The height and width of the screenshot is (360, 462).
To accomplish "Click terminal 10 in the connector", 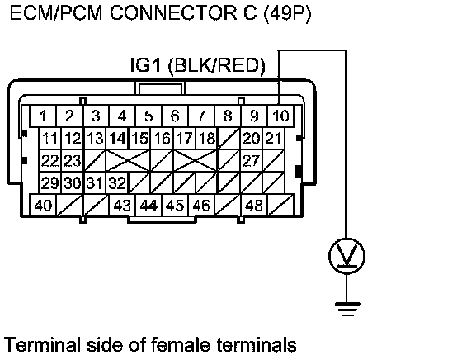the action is click(280, 116).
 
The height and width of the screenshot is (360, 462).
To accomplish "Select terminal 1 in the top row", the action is click(43, 116).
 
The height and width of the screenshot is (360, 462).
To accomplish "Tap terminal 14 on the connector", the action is click(117, 138).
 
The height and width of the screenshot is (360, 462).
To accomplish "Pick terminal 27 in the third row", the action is click(252, 161).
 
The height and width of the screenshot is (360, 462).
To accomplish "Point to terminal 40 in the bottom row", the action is click(43, 206).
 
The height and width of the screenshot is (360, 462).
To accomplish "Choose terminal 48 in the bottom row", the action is click(254, 206).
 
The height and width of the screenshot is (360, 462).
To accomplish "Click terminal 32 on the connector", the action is click(117, 182).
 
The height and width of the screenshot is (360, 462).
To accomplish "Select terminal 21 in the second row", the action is click(273, 138).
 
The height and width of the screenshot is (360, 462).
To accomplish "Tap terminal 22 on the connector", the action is click(50, 161).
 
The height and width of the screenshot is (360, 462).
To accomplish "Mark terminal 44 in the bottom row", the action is click(148, 206).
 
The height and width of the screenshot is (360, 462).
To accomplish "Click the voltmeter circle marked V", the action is click(346, 256).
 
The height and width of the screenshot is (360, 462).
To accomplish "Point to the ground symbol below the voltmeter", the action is click(347, 309).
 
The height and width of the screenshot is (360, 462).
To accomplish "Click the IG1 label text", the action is click(145, 65).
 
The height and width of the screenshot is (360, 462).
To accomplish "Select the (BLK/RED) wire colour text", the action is click(216, 65).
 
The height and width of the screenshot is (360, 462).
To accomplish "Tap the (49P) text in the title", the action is click(287, 13).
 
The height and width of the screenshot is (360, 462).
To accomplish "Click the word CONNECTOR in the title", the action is click(173, 13).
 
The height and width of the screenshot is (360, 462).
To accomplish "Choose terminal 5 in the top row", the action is click(148, 116).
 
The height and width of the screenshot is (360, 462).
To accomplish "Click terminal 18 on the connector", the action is click(206, 138).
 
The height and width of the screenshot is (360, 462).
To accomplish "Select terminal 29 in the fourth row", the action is click(50, 182).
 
